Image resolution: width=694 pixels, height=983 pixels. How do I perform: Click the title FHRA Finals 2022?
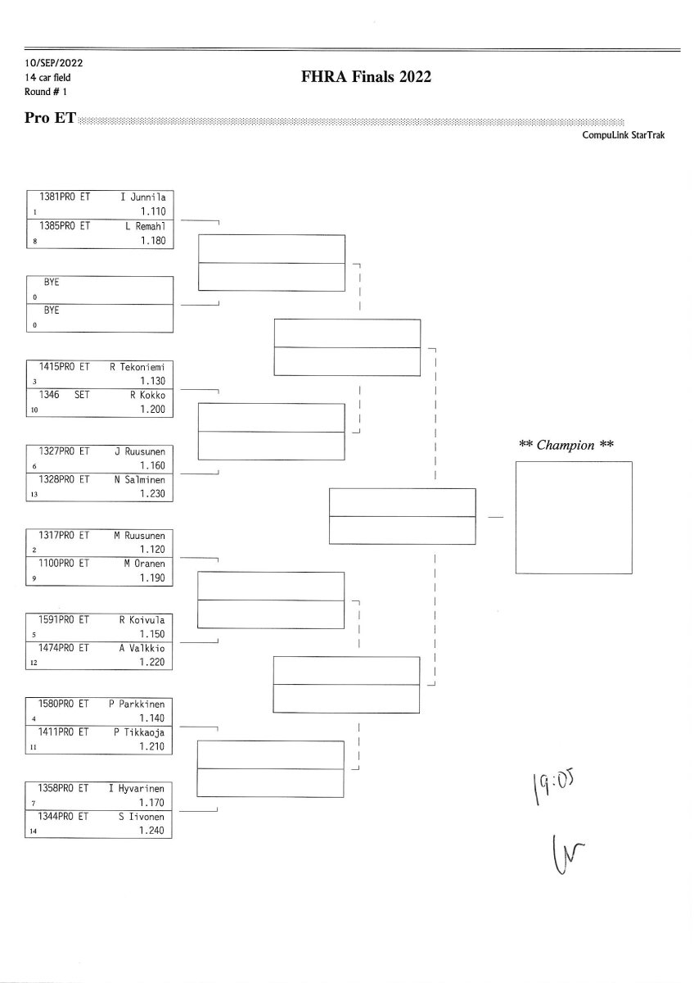tap(366, 77)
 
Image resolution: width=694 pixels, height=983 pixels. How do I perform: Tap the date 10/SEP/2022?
tap(53, 63)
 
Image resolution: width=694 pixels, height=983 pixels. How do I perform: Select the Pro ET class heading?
tap(50, 118)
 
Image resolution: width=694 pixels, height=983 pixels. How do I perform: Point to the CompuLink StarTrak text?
tap(623, 135)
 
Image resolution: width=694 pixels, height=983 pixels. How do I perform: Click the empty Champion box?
tap(574, 518)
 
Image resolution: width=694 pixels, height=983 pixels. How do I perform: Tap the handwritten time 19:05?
tap(553, 788)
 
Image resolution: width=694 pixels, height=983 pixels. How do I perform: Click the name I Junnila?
tap(143, 197)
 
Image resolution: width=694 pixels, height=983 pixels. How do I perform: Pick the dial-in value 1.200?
tap(152, 410)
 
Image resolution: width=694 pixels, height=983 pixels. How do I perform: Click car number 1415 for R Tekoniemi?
tap(48, 367)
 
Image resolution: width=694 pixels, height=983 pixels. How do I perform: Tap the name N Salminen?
tap(139, 480)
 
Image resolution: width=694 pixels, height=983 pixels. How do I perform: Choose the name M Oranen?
tap(144, 564)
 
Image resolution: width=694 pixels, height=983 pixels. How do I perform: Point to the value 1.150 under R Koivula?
tap(152, 634)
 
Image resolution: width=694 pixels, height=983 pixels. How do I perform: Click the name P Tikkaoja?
tap(139, 732)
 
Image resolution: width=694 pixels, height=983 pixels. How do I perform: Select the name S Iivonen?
tap(141, 817)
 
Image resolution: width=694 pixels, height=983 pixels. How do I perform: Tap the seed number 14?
tap(34, 831)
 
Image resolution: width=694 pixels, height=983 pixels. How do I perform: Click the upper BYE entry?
tap(52, 282)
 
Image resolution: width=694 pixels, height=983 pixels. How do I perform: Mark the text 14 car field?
tap(47, 78)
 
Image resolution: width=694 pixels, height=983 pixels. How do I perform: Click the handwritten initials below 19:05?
tap(568, 854)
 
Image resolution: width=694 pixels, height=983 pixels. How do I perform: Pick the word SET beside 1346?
tap(82, 395)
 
